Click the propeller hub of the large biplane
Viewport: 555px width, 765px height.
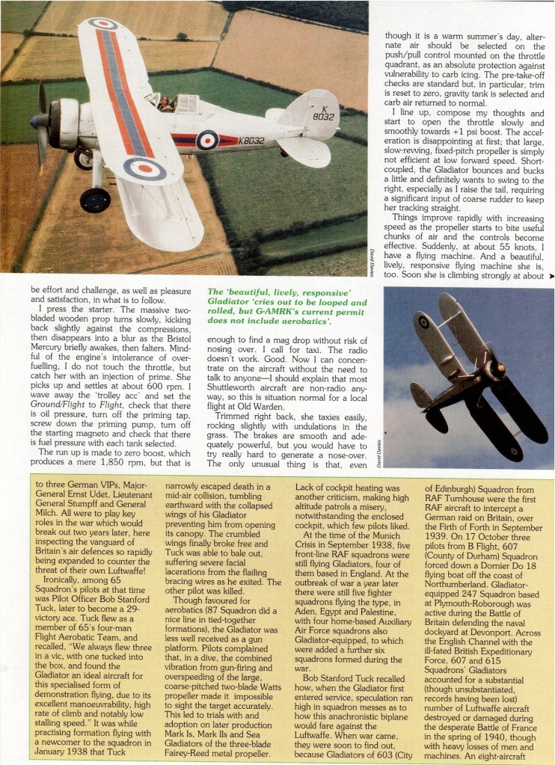[37, 120]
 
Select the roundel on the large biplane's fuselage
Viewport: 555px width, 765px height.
[206, 139]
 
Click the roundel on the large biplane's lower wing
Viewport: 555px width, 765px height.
[144, 168]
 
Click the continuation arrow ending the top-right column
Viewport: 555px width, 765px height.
[551, 275]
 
